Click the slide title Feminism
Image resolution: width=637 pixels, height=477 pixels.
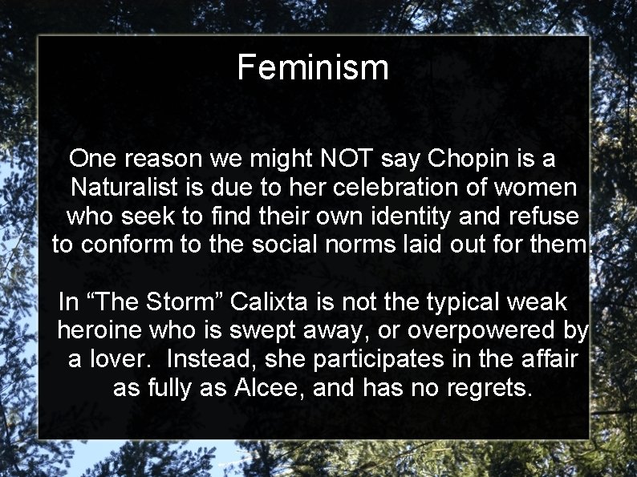coord(313,68)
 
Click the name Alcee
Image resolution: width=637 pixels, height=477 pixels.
coord(264,389)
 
